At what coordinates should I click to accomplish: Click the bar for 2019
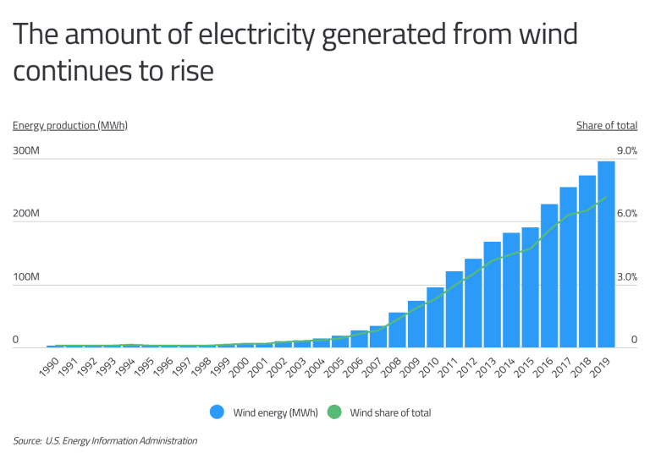(606, 254)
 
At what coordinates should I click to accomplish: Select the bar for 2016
(549, 276)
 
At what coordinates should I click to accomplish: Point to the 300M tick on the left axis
(26, 150)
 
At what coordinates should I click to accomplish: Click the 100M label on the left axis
(26, 277)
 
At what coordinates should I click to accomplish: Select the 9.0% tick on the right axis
(626, 150)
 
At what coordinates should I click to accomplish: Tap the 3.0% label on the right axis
(626, 277)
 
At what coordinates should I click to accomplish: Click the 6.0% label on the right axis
(626, 214)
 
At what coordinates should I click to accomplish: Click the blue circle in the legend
(218, 412)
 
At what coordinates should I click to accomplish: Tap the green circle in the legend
(333, 412)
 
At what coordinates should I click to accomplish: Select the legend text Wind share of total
(390, 413)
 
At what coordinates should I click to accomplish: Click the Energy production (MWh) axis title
(70, 126)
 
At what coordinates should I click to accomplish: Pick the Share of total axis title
(607, 126)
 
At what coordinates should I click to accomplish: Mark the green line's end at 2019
(606, 198)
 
